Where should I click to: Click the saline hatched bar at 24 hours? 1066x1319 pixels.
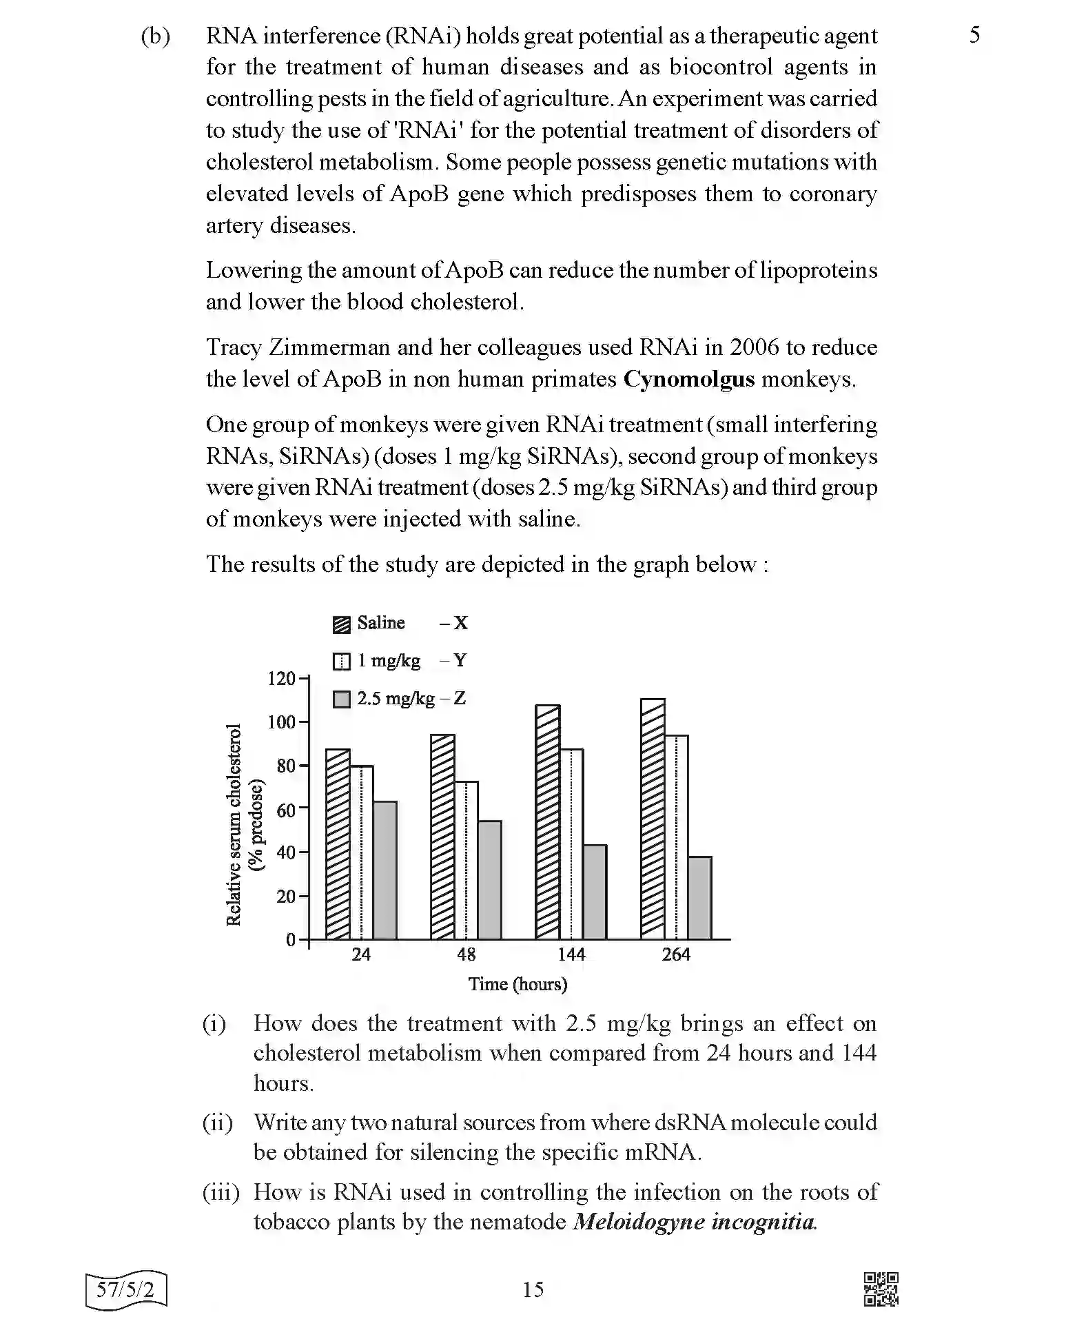[338, 844]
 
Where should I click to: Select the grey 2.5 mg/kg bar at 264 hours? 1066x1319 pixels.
[699, 897]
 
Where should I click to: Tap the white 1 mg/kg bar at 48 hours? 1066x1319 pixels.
[466, 860]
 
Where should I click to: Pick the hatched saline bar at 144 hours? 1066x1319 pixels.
[548, 822]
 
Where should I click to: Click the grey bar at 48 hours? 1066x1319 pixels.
[489, 880]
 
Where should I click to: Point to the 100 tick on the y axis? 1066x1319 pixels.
[280, 722]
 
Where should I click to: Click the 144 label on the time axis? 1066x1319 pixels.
[571, 954]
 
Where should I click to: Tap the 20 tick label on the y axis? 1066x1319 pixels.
[285, 897]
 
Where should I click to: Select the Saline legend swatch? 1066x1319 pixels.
[341, 624]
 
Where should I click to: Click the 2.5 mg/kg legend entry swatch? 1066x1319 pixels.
[341, 699]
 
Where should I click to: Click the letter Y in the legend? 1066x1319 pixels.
[460, 661]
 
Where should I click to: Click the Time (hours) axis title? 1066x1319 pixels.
[517, 984]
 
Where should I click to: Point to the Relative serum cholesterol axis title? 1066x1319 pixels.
[234, 824]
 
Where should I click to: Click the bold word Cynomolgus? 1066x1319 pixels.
[688, 380]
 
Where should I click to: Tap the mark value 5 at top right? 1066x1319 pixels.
[974, 35]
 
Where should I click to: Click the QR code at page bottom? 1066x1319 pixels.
[881, 1289]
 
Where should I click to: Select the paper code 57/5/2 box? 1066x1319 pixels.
[126, 1289]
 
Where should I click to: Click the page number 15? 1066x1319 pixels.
[533, 1289]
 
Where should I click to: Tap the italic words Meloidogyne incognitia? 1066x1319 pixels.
[695, 1222]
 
